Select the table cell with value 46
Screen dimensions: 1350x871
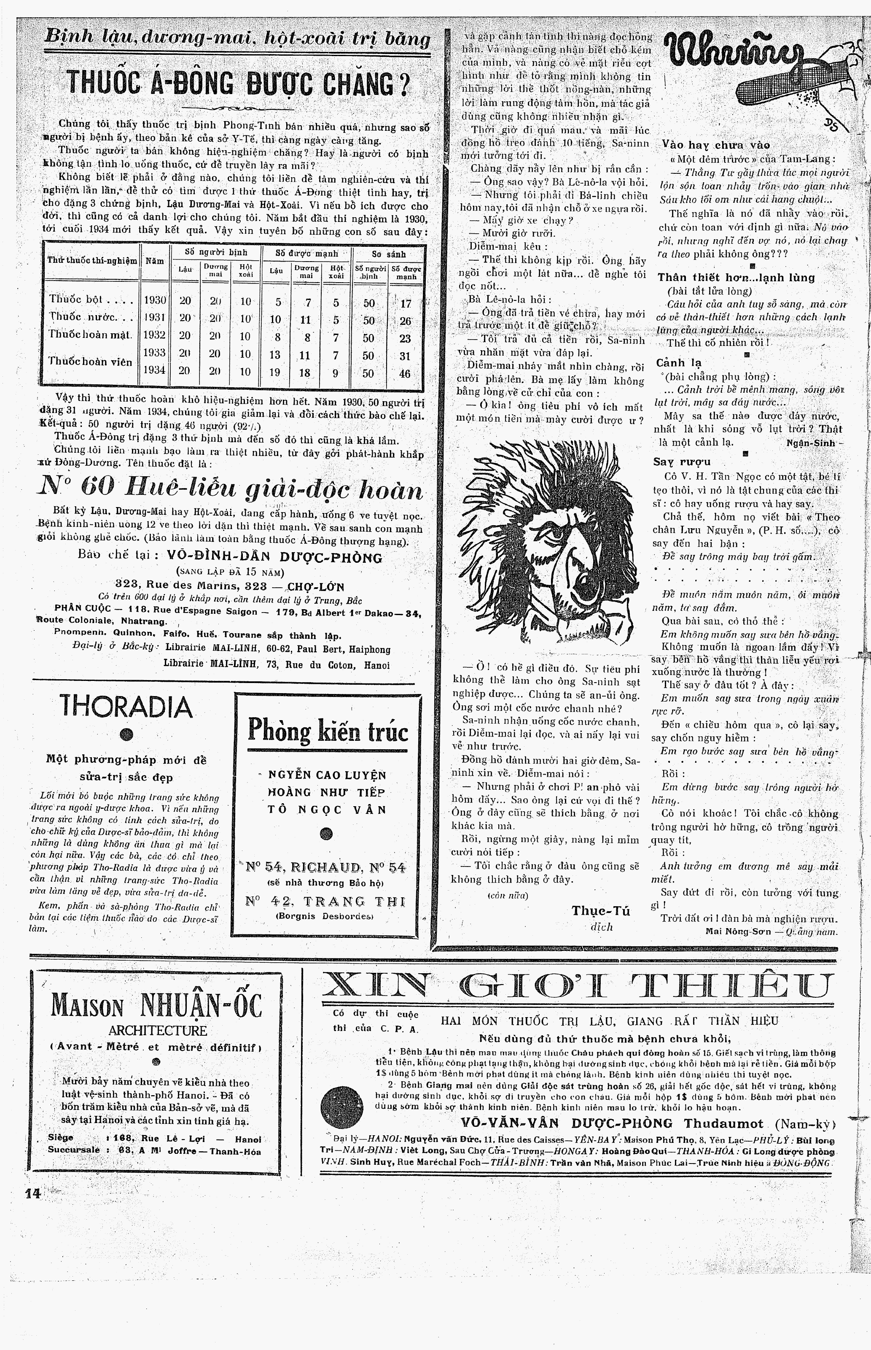[x=406, y=373]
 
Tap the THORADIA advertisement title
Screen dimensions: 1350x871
[x=126, y=707]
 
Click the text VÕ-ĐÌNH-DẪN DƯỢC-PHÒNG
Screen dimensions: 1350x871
[x=275, y=557]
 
